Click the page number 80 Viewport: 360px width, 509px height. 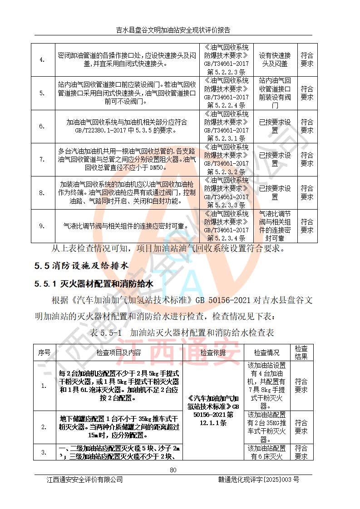[x=173, y=470]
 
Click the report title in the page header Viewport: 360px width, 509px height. [x=173, y=30]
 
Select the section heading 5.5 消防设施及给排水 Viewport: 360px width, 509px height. [x=82, y=265]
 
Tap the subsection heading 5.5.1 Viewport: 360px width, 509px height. [x=94, y=284]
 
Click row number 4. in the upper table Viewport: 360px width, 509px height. [x=42, y=60]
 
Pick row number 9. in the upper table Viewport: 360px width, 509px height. [x=42, y=226]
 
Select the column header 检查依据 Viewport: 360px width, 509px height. [x=213, y=352]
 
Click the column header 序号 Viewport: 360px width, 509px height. [x=44, y=352]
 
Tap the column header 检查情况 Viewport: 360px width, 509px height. [x=266, y=352]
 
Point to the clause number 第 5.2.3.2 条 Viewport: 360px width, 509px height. [x=226, y=172]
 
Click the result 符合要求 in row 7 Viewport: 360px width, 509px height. [x=307, y=159]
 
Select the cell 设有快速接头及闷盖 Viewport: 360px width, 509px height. [x=275, y=60]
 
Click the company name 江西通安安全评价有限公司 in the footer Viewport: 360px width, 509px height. [x=84, y=480]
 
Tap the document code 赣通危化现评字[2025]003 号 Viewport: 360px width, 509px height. [x=259, y=480]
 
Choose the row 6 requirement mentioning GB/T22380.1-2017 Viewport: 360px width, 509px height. [x=127, y=126]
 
